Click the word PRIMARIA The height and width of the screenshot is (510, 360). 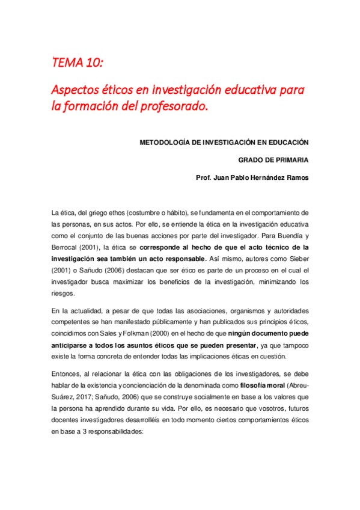click(291, 161)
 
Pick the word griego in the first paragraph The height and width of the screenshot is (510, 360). click(101, 213)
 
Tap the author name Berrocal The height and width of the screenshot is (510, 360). click(70, 247)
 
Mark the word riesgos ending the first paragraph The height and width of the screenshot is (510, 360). click(63, 293)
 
